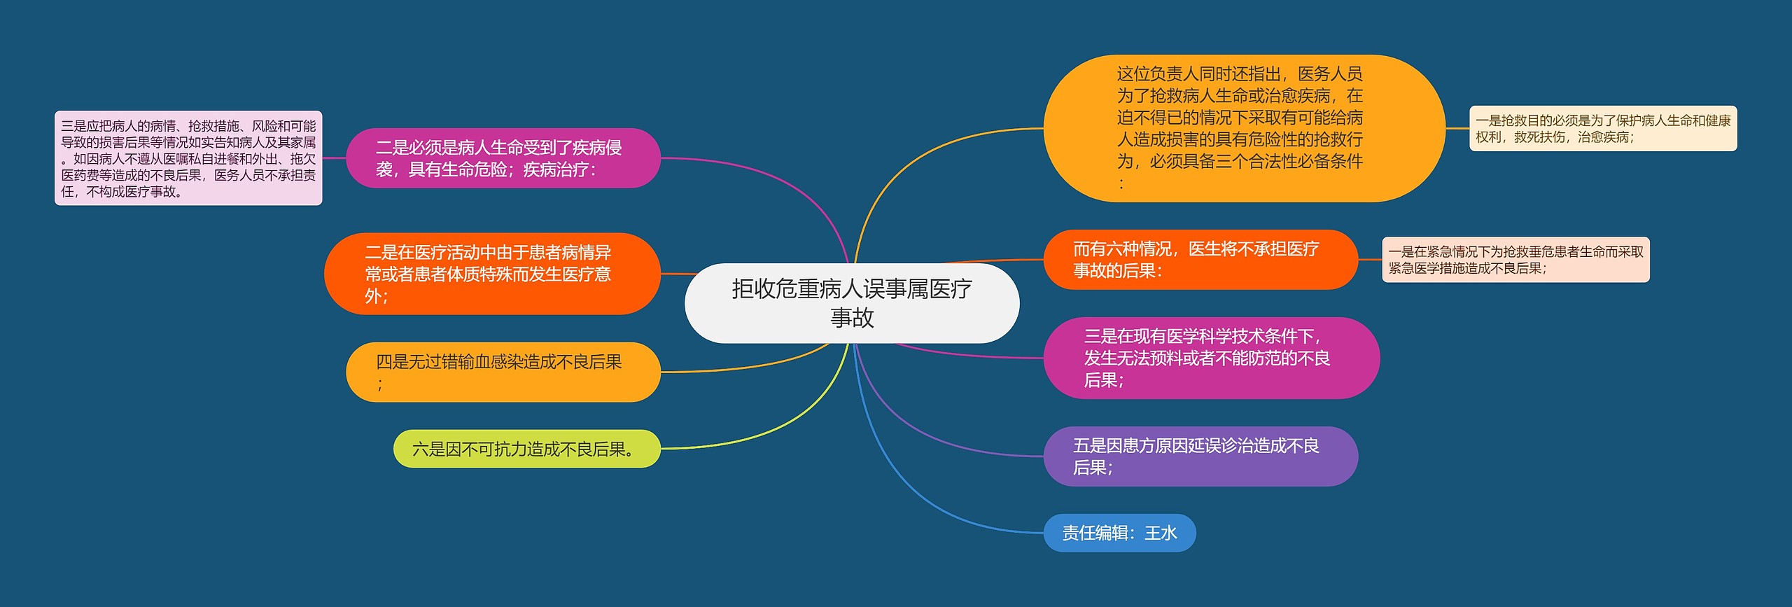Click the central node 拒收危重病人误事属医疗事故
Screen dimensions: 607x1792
tap(851, 302)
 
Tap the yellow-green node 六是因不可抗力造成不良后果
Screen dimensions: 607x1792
tap(526, 449)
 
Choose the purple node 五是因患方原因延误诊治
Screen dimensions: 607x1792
tap(1200, 456)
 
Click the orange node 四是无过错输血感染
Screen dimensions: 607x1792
tap(503, 372)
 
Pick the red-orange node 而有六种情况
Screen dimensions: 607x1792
tap(1200, 259)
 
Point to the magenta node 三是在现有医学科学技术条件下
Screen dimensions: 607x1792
tap(1211, 358)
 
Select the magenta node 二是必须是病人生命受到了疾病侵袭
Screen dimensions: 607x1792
tap(503, 158)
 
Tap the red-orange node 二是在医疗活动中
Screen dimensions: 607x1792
tap(491, 274)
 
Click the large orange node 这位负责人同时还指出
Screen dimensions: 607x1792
tap(1243, 128)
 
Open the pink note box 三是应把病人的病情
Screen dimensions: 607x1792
tap(188, 158)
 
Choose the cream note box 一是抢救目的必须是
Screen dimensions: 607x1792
tap(1602, 128)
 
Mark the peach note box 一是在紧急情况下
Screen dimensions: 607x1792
tap(1515, 260)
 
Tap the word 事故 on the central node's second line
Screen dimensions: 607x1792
tap(852, 318)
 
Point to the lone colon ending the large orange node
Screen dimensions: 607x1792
tap(1121, 184)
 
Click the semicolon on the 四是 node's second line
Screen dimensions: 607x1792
tap(380, 384)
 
